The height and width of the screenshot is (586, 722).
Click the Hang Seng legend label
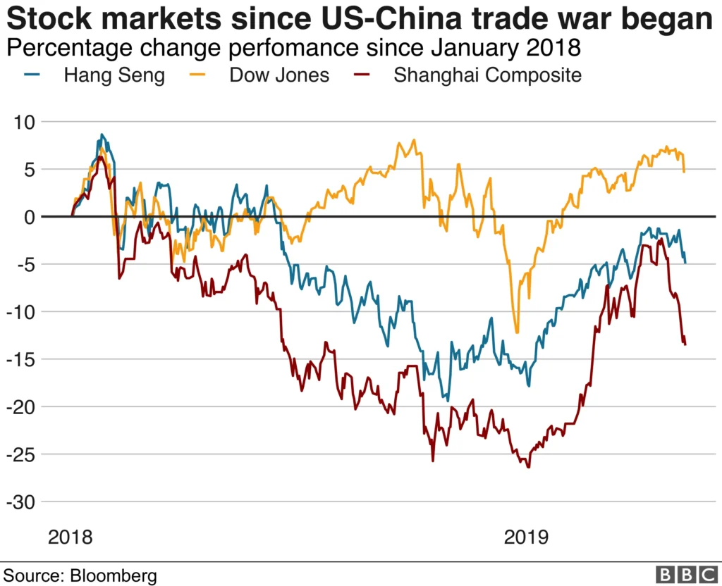pos(114,75)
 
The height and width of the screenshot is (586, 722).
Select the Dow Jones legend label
pos(279,75)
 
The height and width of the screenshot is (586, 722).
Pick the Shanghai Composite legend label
pos(488,75)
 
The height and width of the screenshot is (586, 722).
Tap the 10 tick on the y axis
pos(24,122)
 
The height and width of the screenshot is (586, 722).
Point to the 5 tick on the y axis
pos(29,169)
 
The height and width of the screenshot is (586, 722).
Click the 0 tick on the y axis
pos(29,217)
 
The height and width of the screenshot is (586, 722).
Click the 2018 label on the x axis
pos(70,537)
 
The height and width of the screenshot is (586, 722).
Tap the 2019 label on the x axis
pos(526,537)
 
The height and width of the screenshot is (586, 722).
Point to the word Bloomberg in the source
pos(114,575)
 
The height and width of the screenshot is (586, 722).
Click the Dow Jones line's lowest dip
pos(517,332)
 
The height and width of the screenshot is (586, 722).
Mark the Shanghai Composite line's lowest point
pos(529,467)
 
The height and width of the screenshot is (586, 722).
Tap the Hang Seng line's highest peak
pos(102,135)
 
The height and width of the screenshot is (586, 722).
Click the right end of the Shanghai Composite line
pos(685,344)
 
